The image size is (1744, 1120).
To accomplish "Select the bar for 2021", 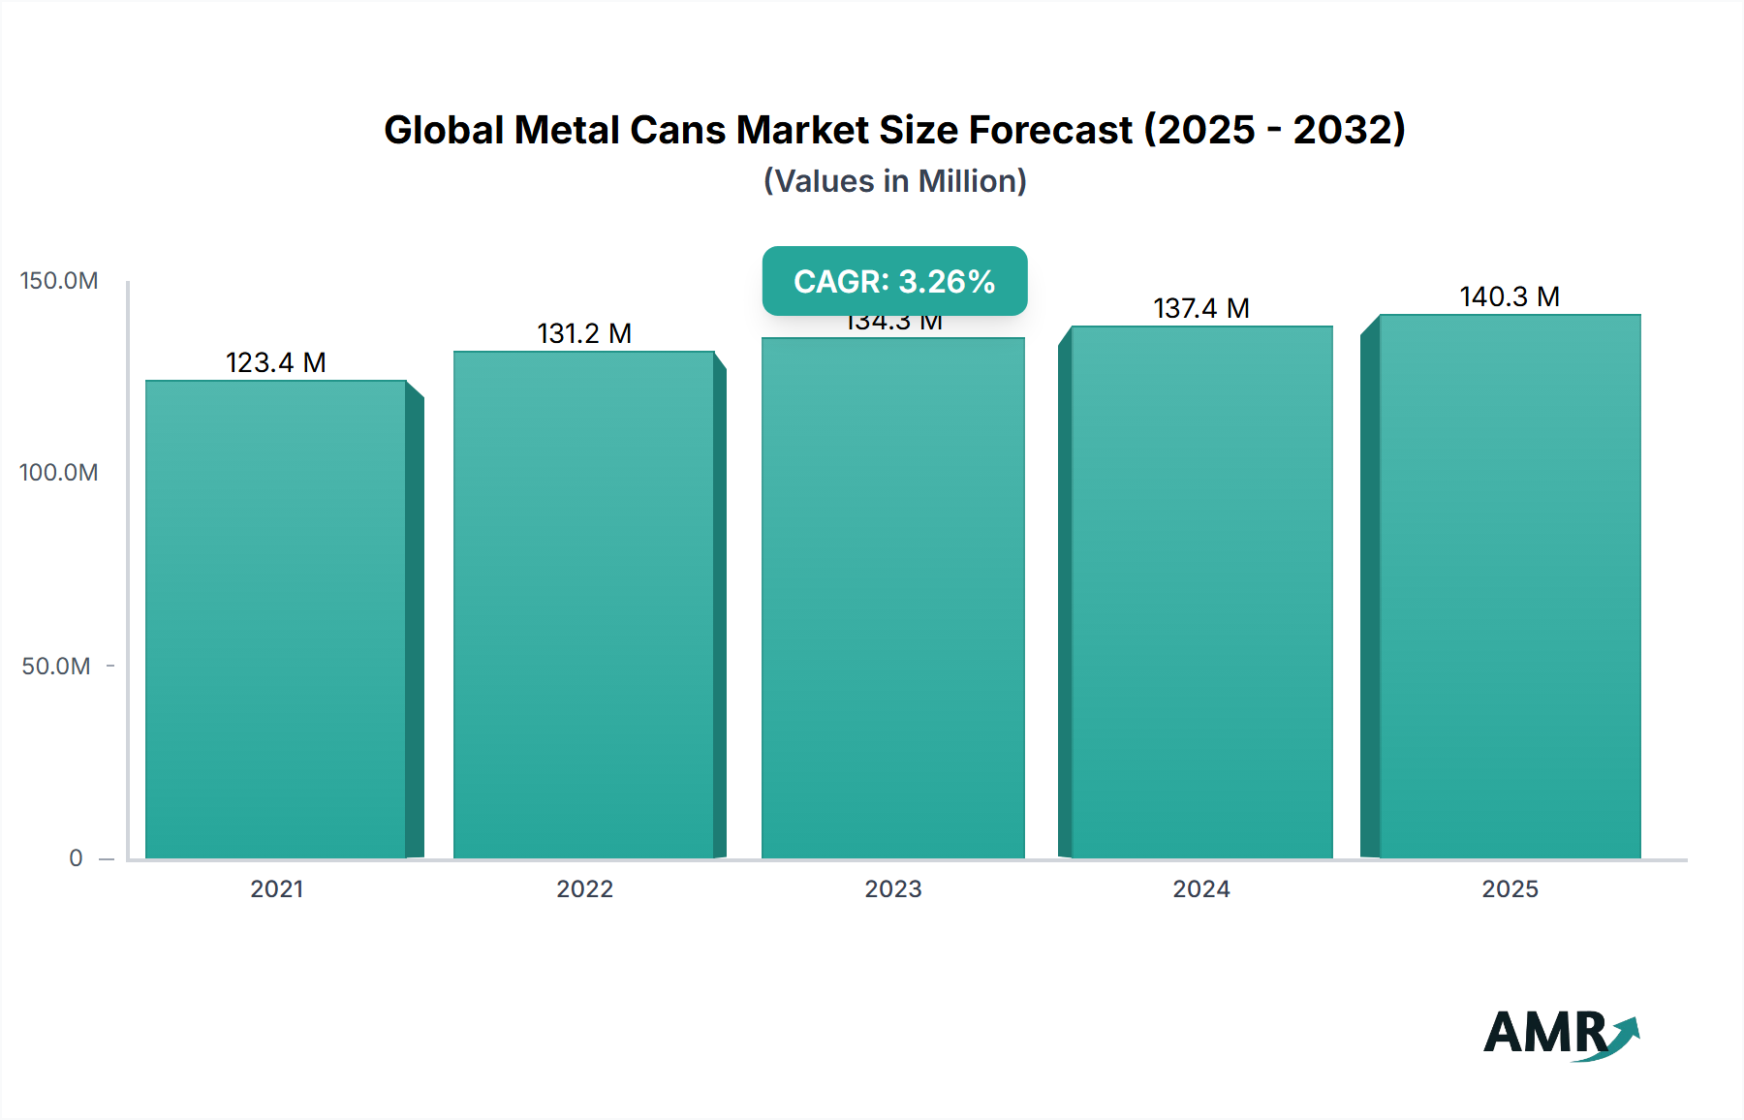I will point(276,620).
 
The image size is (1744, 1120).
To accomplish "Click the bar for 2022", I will point(584,606).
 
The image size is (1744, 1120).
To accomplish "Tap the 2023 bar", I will point(892,599).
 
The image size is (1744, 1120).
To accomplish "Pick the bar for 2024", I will point(1201,593).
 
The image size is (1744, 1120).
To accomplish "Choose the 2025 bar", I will point(1510,587).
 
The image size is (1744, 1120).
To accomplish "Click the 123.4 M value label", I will point(276,362).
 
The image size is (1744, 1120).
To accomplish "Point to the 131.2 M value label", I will point(584,333).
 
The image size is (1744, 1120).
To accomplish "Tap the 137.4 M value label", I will point(1201,308).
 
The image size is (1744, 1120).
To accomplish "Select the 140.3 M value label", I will point(1510,296).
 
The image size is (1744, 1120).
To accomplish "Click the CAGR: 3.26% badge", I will point(894,281).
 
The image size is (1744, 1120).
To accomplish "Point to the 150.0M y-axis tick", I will point(59,281).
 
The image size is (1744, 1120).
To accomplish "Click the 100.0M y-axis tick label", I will point(59,473).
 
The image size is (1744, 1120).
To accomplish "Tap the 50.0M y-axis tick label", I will point(56,666).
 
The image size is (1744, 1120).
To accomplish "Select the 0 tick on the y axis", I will point(76,858).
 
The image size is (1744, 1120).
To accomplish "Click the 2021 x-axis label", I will point(276,888).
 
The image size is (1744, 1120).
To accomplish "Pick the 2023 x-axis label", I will point(892,888).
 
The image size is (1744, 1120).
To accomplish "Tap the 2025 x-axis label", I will point(1510,888).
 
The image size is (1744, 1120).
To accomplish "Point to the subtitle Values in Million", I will point(894,181).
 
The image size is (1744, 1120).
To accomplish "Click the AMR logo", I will point(1560,1034).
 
